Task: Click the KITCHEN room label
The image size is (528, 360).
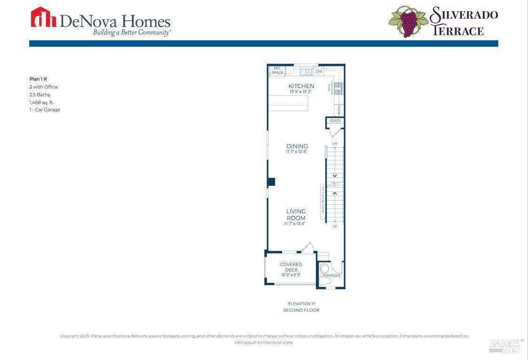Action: pyautogui.click(x=301, y=86)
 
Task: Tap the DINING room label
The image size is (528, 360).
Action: pyautogui.click(x=297, y=146)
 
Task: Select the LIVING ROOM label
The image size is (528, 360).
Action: pyautogui.click(x=296, y=215)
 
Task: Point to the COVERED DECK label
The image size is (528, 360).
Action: pyautogui.click(x=291, y=267)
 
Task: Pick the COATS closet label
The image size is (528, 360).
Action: pyautogui.click(x=335, y=121)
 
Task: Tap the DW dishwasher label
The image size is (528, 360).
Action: pyautogui.click(x=318, y=72)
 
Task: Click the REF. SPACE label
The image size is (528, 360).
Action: pyautogui.click(x=277, y=71)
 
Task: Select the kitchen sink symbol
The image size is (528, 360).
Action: pyautogui.click(x=306, y=72)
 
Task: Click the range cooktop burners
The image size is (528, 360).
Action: pyautogui.click(x=338, y=88)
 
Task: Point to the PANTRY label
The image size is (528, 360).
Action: pyautogui.click(x=338, y=110)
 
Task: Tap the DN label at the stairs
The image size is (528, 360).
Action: pyautogui.click(x=335, y=144)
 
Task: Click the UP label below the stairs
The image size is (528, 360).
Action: pyautogui.click(x=335, y=226)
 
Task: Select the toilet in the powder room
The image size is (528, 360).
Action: pyautogui.click(x=324, y=270)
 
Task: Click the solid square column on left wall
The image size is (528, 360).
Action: pyautogui.click(x=271, y=182)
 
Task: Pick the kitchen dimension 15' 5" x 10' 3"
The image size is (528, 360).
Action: pyautogui.click(x=301, y=92)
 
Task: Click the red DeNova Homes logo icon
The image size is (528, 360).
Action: pyautogui.click(x=43, y=17)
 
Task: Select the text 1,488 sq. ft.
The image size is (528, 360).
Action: pyautogui.click(x=41, y=102)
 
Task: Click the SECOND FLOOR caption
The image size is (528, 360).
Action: pyautogui.click(x=301, y=310)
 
